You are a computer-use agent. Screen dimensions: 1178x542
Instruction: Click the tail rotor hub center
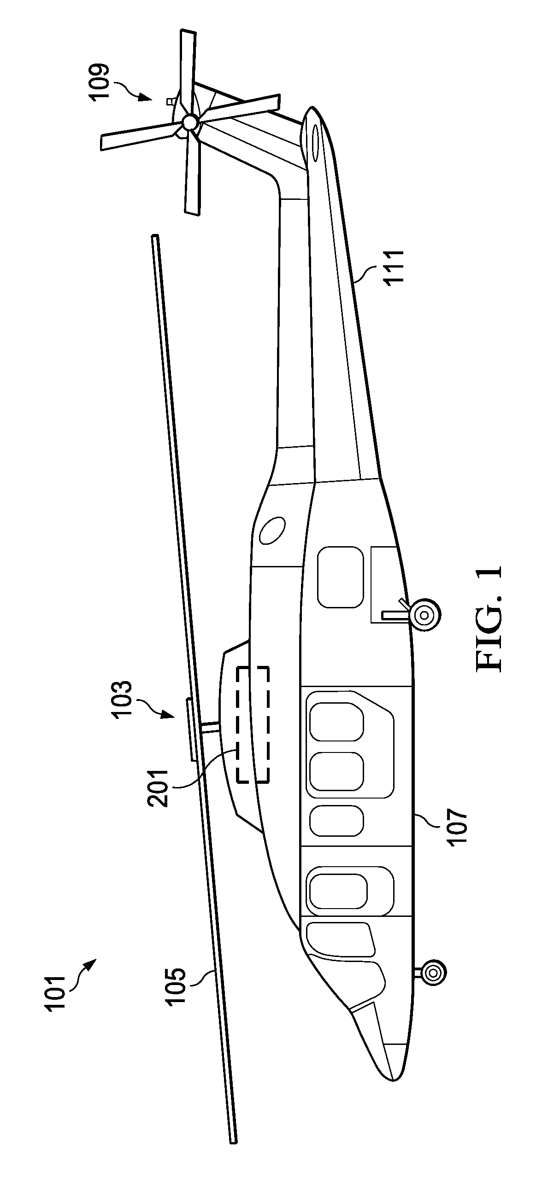(x=189, y=122)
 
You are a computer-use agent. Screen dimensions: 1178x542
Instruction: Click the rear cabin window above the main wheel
(x=340, y=577)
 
